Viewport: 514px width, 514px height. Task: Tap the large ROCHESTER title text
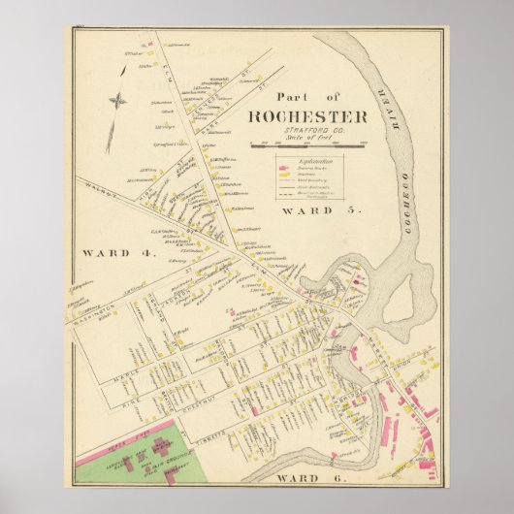(307, 117)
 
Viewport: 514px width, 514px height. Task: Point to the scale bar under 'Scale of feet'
(306, 145)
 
